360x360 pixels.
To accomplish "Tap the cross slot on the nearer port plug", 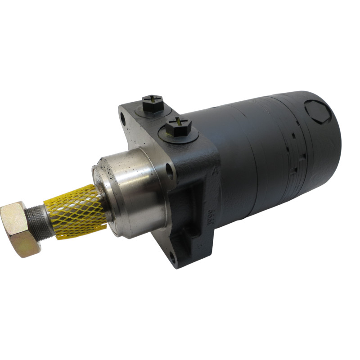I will click(179, 121).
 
